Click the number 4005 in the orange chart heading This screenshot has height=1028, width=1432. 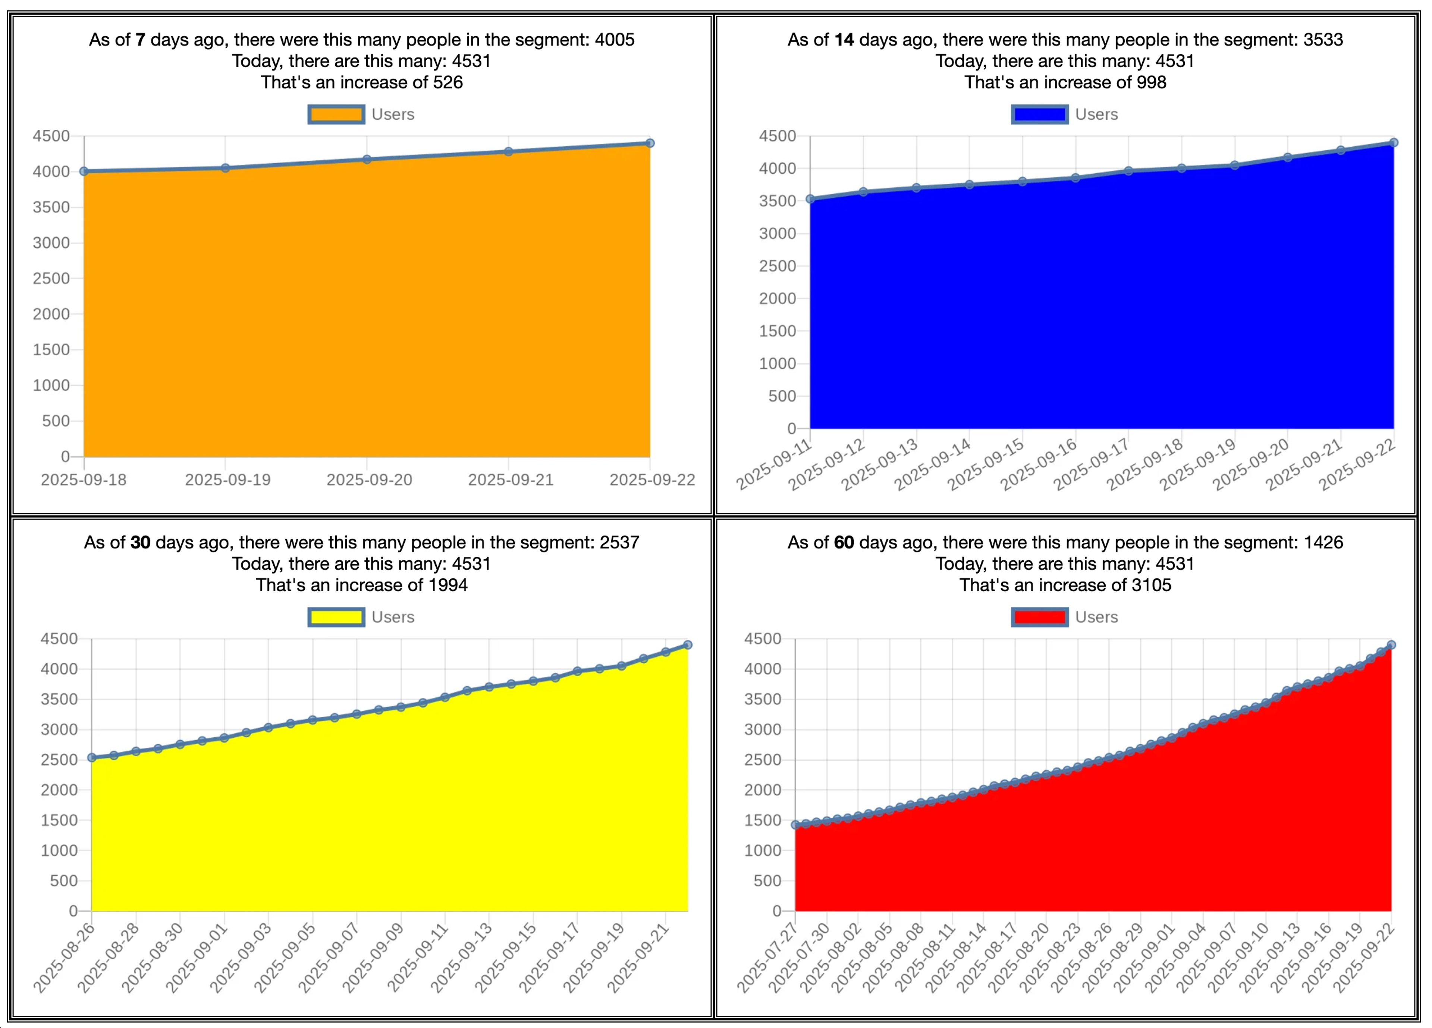coord(614,40)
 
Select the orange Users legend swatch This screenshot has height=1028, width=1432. coord(336,114)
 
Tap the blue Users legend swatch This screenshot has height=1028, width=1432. coord(1039,114)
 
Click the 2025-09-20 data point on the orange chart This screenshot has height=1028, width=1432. coord(367,160)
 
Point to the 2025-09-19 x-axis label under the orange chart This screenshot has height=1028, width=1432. coord(227,480)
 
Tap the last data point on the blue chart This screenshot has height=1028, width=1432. coord(1394,143)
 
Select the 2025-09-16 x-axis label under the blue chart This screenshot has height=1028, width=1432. coord(1039,465)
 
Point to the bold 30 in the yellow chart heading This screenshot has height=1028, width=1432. coord(140,543)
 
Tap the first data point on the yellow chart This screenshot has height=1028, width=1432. coord(92,757)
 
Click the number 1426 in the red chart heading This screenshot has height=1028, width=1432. coord(1323,543)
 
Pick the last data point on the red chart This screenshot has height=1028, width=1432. coord(1391,645)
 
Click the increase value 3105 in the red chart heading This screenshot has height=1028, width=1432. coord(1151,585)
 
